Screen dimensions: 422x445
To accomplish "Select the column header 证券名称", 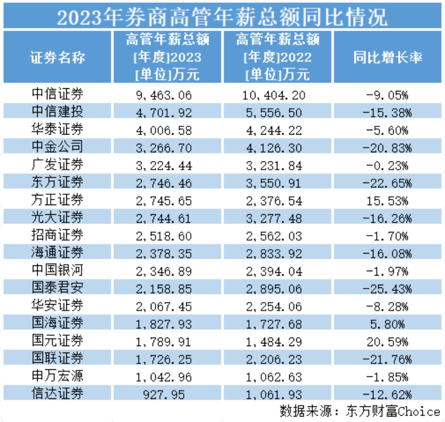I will tap(57, 58).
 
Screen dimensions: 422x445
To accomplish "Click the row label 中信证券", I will tap(57, 95).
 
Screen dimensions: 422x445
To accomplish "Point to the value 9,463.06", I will tap(164, 96).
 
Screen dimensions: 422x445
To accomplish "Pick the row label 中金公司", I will tap(57, 147).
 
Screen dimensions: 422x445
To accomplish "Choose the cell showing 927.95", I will tap(170, 393).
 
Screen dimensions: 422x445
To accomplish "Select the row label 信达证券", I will tap(57, 393).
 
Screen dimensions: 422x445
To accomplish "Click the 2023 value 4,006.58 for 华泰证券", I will tap(164, 130).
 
